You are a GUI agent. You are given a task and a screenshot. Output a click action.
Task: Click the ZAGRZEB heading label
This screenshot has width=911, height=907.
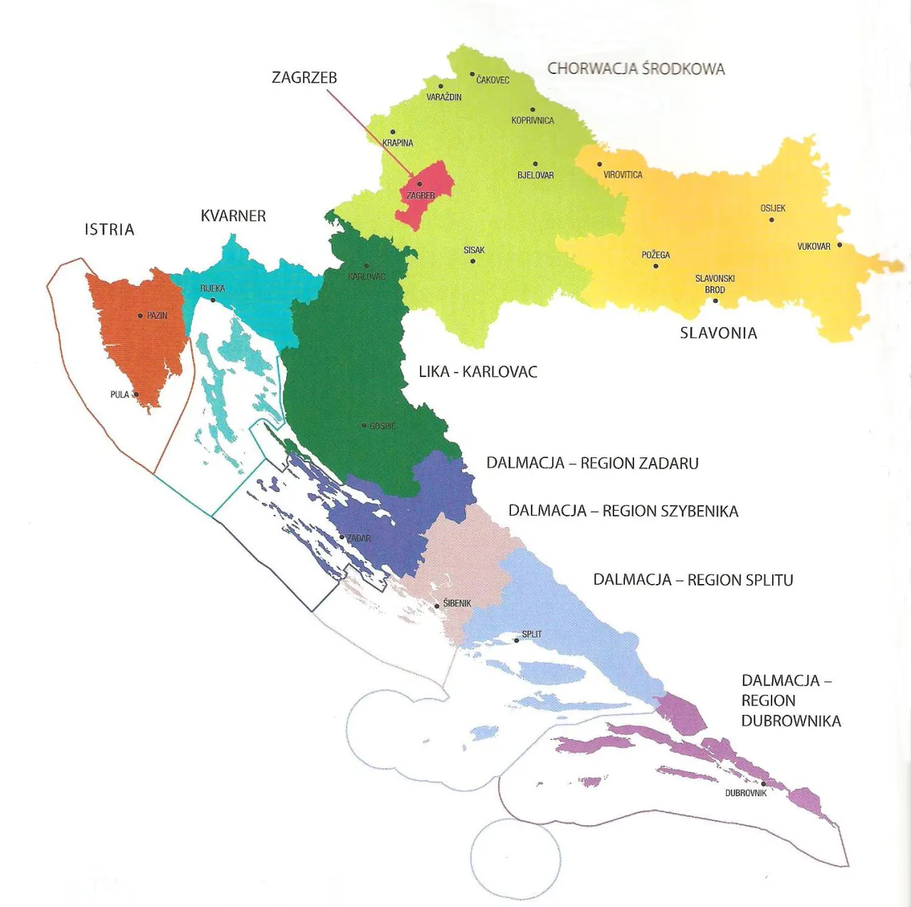pos(304,78)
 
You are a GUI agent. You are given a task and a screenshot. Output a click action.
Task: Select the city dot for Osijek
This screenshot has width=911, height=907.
pos(772,220)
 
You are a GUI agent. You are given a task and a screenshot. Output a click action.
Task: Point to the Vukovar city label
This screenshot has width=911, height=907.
pos(813,247)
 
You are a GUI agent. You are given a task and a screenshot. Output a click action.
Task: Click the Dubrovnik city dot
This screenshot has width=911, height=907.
pos(764,784)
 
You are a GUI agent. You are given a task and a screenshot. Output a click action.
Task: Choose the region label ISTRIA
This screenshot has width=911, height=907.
pos(109,229)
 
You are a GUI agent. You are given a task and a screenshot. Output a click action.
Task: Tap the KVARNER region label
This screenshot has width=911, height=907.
pos(233,216)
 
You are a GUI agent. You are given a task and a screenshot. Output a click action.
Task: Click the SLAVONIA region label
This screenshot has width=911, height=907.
pos(718,333)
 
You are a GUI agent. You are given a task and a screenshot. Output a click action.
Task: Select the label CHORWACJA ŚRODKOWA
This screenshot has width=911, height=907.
pos(636,69)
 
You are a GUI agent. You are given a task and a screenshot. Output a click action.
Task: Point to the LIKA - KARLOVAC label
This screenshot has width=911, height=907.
pos(478,371)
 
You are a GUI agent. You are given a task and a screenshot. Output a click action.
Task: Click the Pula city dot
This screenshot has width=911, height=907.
pos(136,394)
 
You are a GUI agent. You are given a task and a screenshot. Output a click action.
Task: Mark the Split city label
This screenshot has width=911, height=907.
pos(532,634)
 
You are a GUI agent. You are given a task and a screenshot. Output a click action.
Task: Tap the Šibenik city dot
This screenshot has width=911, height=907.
pos(437,607)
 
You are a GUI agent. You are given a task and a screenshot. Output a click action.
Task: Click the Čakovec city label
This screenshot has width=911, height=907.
pos(493,80)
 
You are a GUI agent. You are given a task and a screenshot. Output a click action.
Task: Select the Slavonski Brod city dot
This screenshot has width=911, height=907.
pos(715,301)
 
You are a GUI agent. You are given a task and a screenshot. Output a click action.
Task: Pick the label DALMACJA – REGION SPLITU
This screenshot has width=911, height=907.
pos(693,580)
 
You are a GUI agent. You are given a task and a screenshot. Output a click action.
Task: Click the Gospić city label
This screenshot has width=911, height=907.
pos(382,426)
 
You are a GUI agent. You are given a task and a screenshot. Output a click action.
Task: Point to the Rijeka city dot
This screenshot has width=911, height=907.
pos(212,300)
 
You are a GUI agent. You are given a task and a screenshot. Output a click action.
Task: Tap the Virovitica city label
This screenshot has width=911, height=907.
pos(623,175)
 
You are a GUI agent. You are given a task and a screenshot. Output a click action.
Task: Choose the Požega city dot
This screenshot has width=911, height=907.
pos(655,266)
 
